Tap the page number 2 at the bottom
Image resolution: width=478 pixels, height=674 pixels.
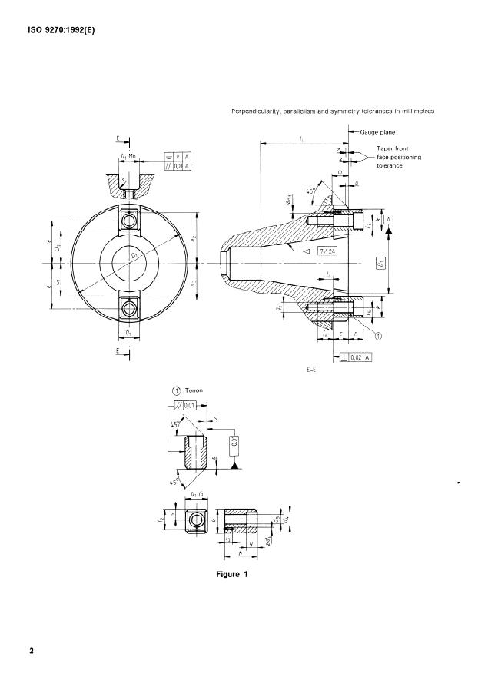(x=32, y=651)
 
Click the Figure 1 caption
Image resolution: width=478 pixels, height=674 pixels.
(x=234, y=573)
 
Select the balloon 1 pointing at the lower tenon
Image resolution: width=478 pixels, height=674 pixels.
(x=377, y=334)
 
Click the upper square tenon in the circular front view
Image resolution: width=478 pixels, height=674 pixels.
(x=129, y=220)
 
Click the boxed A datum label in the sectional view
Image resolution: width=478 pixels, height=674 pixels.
(x=389, y=219)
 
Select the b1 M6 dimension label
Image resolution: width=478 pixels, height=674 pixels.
(x=128, y=157)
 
